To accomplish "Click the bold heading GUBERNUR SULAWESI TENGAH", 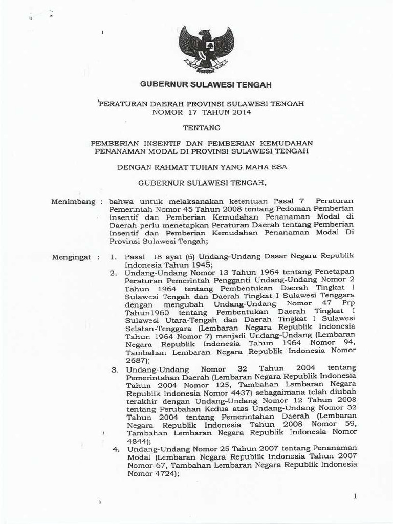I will click(206, 85).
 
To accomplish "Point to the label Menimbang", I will click(74, 202).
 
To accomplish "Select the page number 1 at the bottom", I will click(355, 496).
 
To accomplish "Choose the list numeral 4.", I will click(115, 449).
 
